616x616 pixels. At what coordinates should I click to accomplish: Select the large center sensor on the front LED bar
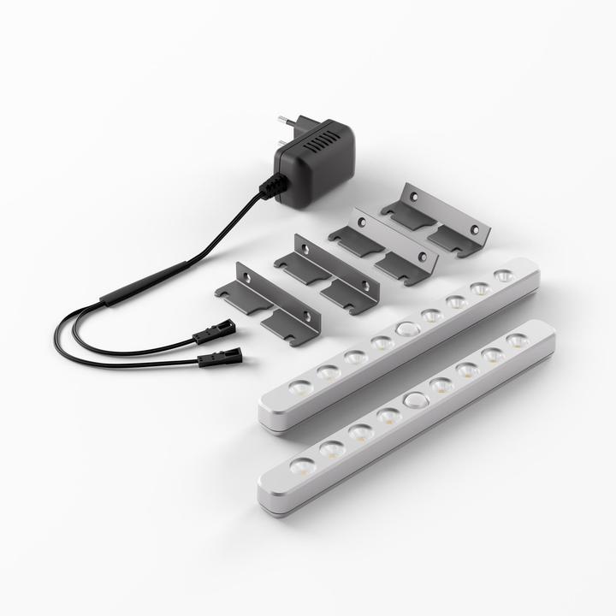416,400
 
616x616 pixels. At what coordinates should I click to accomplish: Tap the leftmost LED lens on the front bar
301,465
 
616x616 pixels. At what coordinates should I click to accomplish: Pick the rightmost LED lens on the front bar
516,340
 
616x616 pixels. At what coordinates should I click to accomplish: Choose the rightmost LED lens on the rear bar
504,275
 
